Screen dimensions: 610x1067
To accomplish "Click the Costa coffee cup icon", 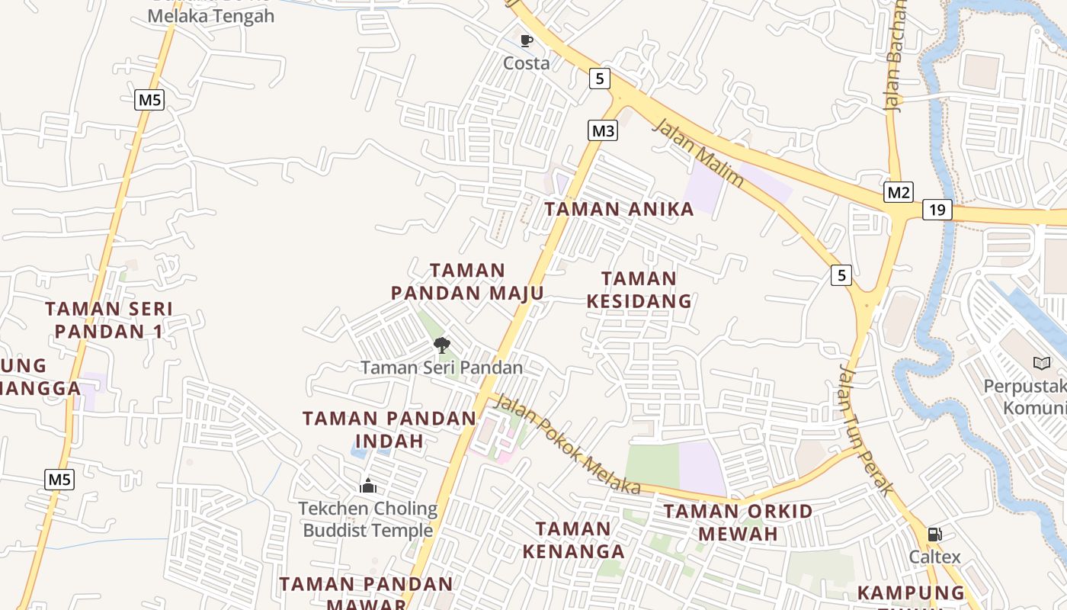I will pyautogui.click(x=526, y=40).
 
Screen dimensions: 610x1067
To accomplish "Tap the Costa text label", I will pyautogui.click(x=526, y=63).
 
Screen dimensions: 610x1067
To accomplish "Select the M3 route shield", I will pyautogui.click(x=603, y=130).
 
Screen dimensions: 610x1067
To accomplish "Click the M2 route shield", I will pyautogui.click(x=899, y=192).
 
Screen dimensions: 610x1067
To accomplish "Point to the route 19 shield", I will pyautogui.click(x=937, y=209).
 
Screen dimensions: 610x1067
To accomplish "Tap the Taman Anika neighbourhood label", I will pyautogui.click(x=619, y=209).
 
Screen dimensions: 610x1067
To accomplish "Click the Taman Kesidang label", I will pyautogui.click(x=639, y=290).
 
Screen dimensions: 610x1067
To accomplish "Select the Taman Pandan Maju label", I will pyautogui.click(x=467, y=281).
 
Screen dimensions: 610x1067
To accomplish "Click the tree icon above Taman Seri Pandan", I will pyautogui.click(x=441, y=345).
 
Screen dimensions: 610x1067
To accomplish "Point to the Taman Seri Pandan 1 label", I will pyautogui.click(x=109, y=319).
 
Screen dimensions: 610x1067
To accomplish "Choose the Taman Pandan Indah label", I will pyautogui.click(x=389, y=429).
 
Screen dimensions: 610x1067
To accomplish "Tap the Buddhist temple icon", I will pyautogui.click(x=368, y=486).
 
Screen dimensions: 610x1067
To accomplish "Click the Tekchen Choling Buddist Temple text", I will pyautogui.click(x=368, y=519).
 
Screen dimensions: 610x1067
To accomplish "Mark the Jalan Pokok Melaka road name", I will pyautogui.click(x=568, y=443).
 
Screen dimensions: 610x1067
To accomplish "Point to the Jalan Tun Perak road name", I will pyautogui.click(x=865, y=430).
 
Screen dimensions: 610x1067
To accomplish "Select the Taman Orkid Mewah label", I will pyautogui.click(x=738, y=522).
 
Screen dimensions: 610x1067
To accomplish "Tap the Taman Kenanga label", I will pyautogui.click(x=574, y=539).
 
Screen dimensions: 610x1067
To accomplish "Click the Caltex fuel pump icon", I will pyautogui.click(x=934, y=535).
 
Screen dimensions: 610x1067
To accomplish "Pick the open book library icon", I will pyautogui.click(x=1042, y=363).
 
